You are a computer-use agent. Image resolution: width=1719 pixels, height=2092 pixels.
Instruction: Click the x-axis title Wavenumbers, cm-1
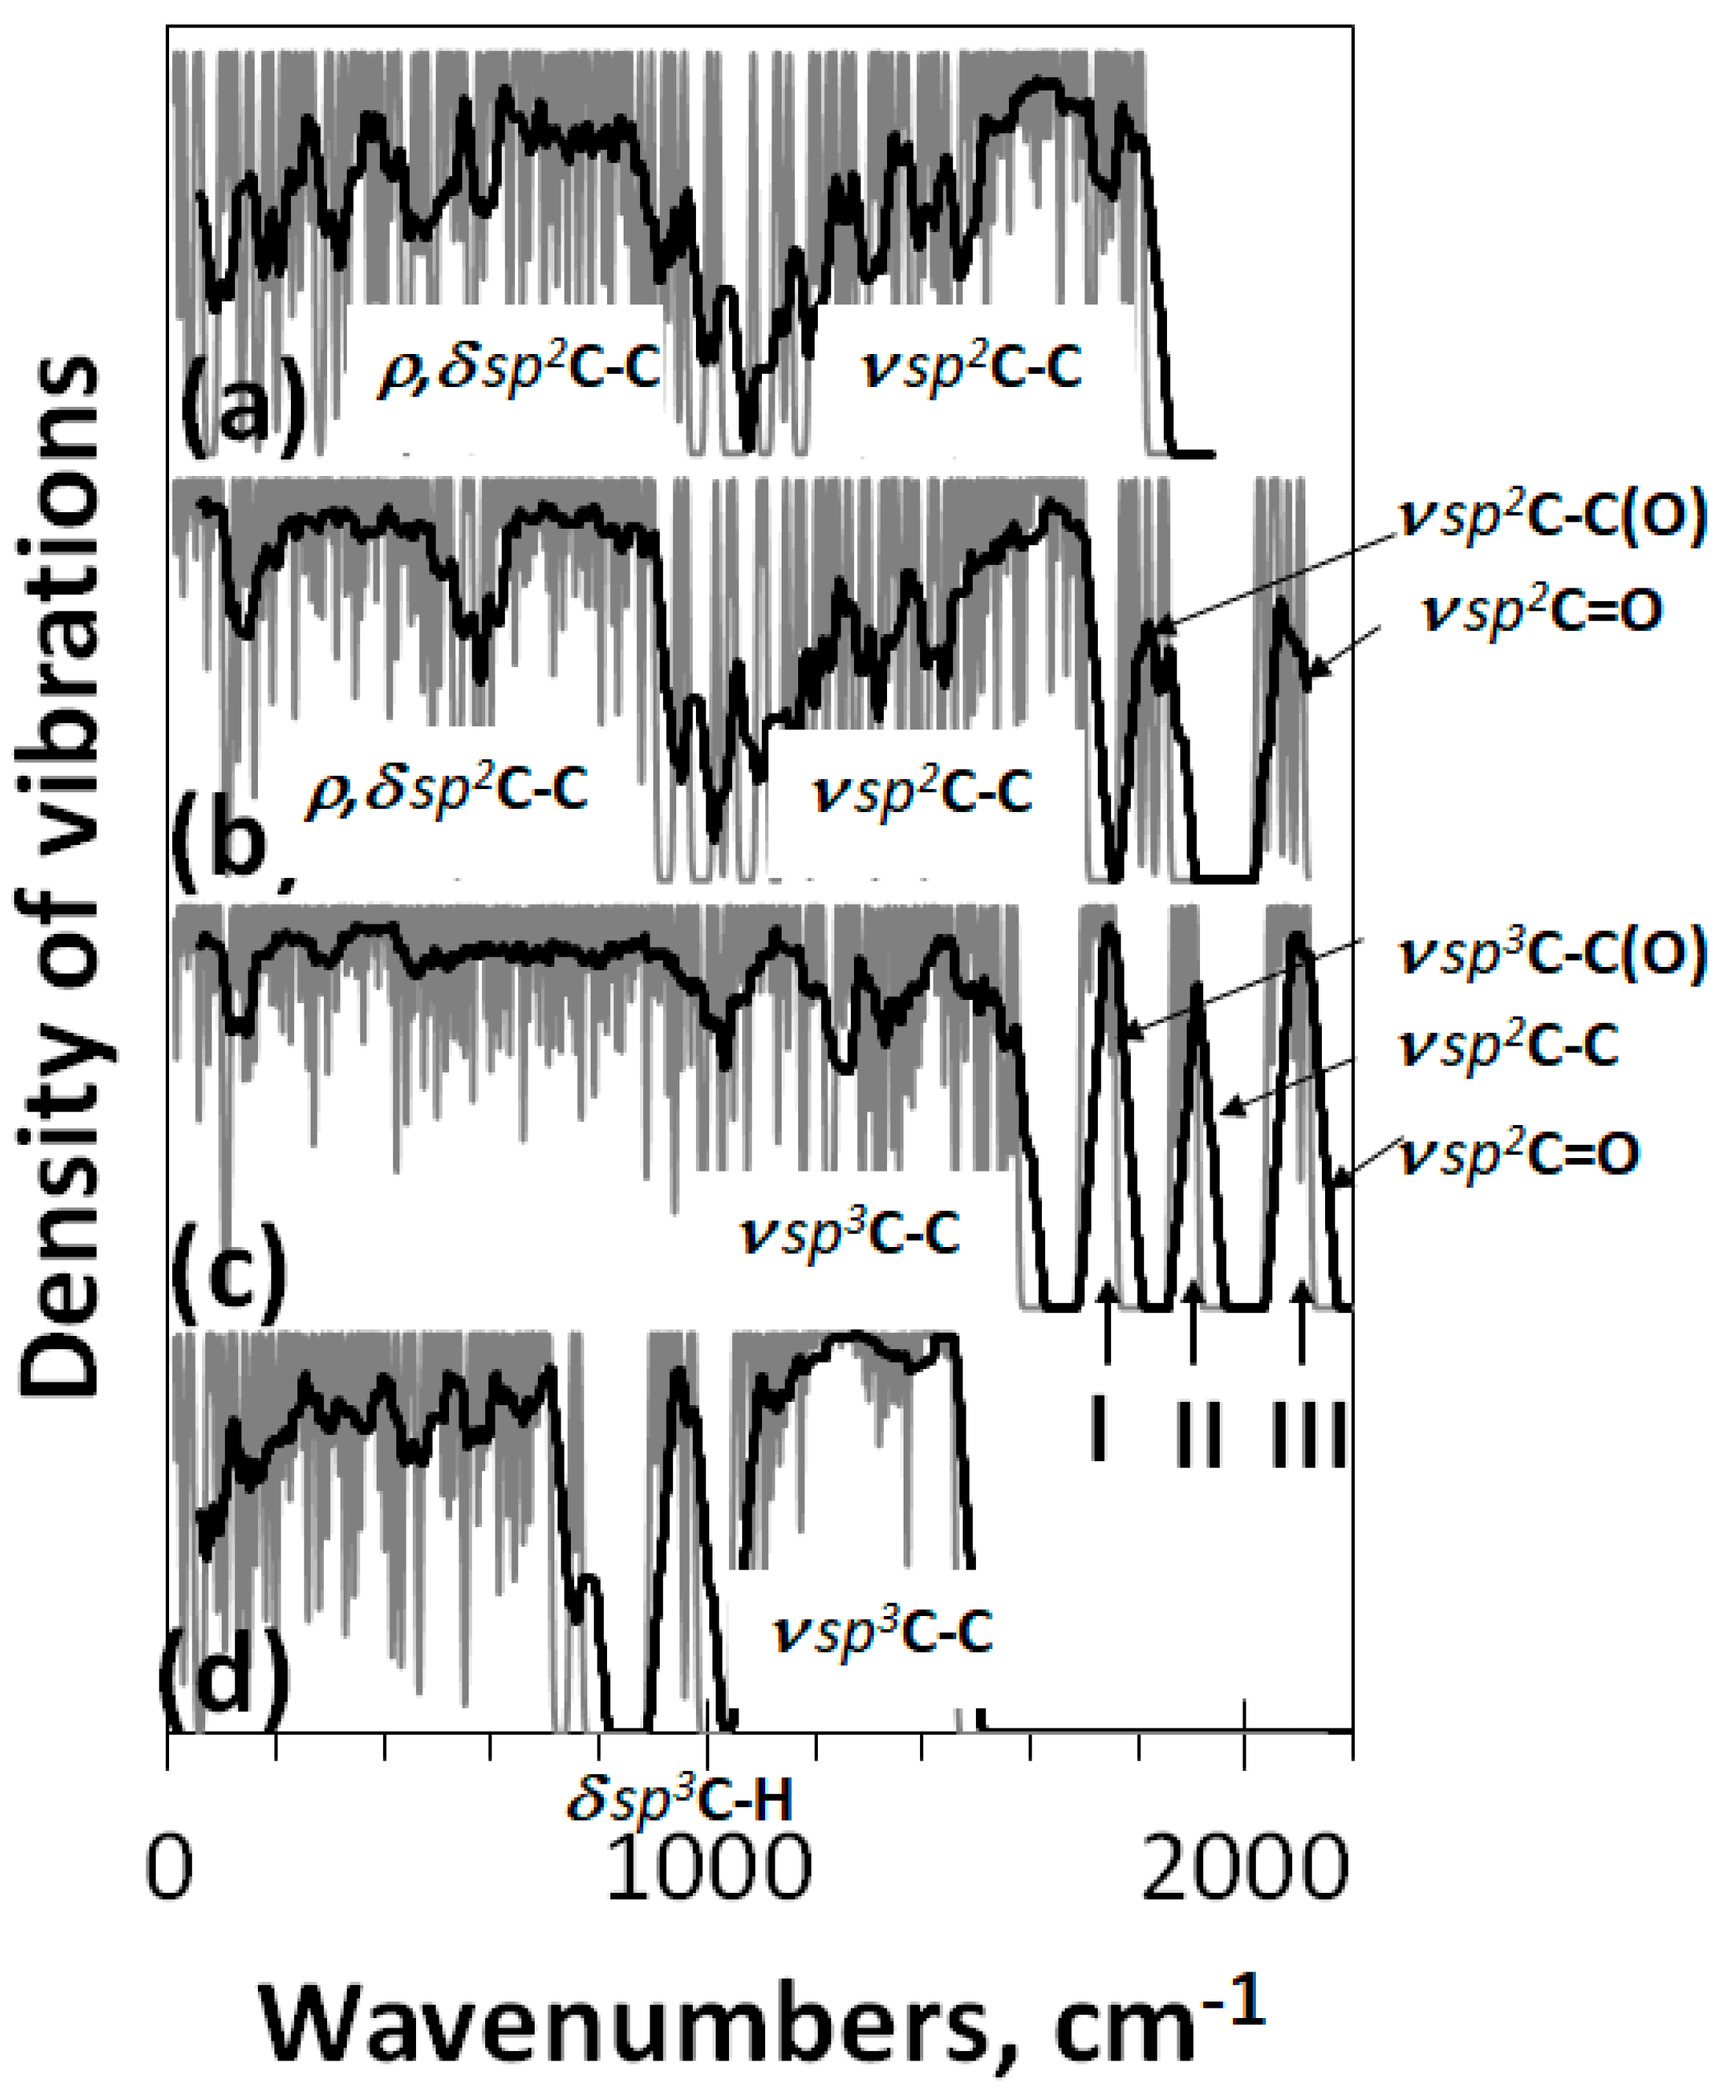(x=763, y=2020)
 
